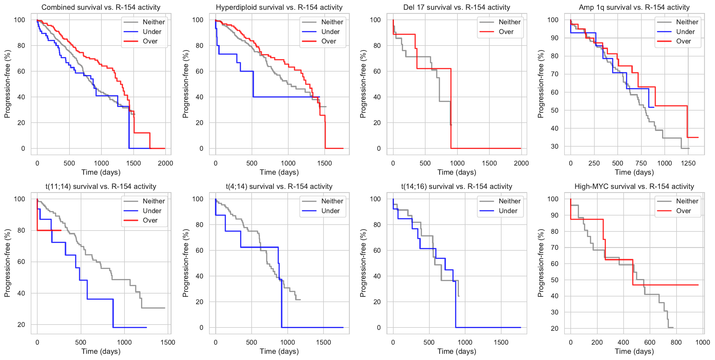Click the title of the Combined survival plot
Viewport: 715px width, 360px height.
101,7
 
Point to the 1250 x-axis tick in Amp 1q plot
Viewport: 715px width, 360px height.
688,163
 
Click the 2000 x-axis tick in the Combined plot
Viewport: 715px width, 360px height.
165,163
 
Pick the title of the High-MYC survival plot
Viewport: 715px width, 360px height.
634,187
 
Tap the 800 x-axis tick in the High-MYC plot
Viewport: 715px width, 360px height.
676,342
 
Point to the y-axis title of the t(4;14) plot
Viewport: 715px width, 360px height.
185,263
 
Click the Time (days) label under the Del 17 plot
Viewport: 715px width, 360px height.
457,172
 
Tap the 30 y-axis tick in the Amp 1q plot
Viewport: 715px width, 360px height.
554,146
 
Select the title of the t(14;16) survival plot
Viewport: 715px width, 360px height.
457,187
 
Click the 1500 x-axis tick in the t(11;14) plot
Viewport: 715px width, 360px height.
168,342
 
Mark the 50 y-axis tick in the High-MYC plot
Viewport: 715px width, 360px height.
554,280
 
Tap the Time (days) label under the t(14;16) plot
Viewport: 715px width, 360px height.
457,351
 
